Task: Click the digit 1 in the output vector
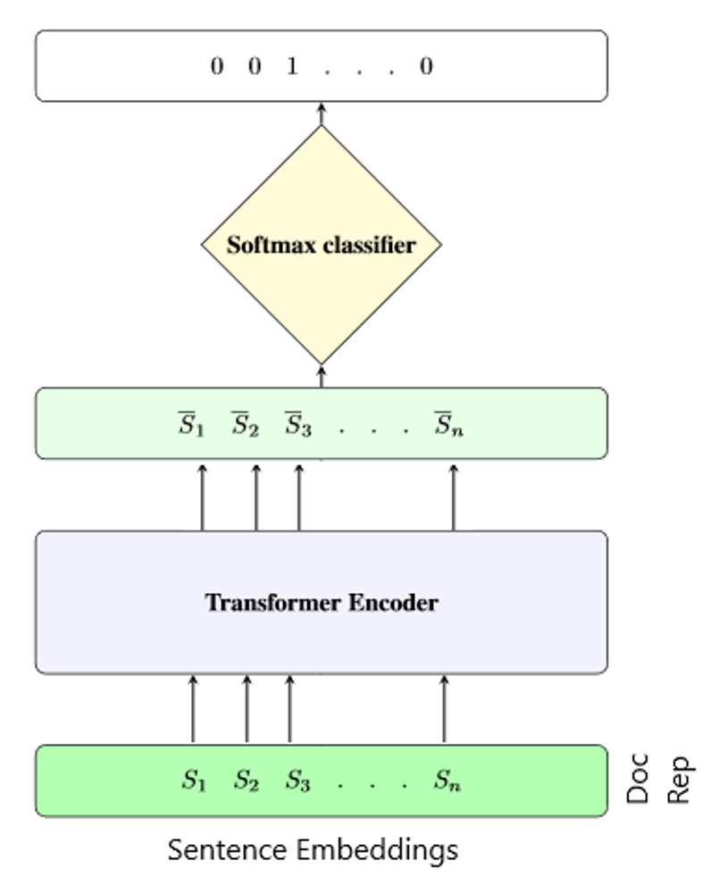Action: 291,67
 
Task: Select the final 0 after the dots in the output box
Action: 426,67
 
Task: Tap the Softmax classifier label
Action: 321,245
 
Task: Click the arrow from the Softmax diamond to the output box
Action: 322,113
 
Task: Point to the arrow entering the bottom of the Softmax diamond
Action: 322,376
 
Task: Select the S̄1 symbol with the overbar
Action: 191,424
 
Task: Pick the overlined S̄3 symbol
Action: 297,424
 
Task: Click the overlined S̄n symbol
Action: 448,424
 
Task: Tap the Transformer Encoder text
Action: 322,603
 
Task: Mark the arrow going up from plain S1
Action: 193,709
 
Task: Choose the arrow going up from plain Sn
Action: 444,709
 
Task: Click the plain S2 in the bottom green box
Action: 246,781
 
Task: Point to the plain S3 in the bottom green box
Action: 297,781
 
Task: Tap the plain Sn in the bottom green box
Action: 447,781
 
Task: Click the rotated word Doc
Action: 638,780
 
